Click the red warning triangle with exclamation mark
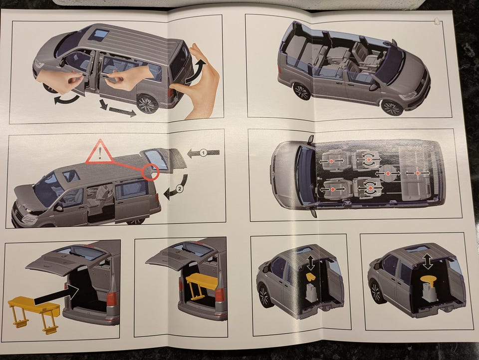[x=100, y=152]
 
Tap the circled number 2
[x=180, y=189]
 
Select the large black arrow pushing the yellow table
[x=56, y=294]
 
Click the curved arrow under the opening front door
[x=66, y=99]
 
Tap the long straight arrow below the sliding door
[x=123, y=112]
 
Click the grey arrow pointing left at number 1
[x=203, y=152]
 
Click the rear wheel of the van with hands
[x=147, y=103]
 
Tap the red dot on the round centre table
[x=388, y=173]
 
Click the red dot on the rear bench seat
[x=418, y=173]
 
